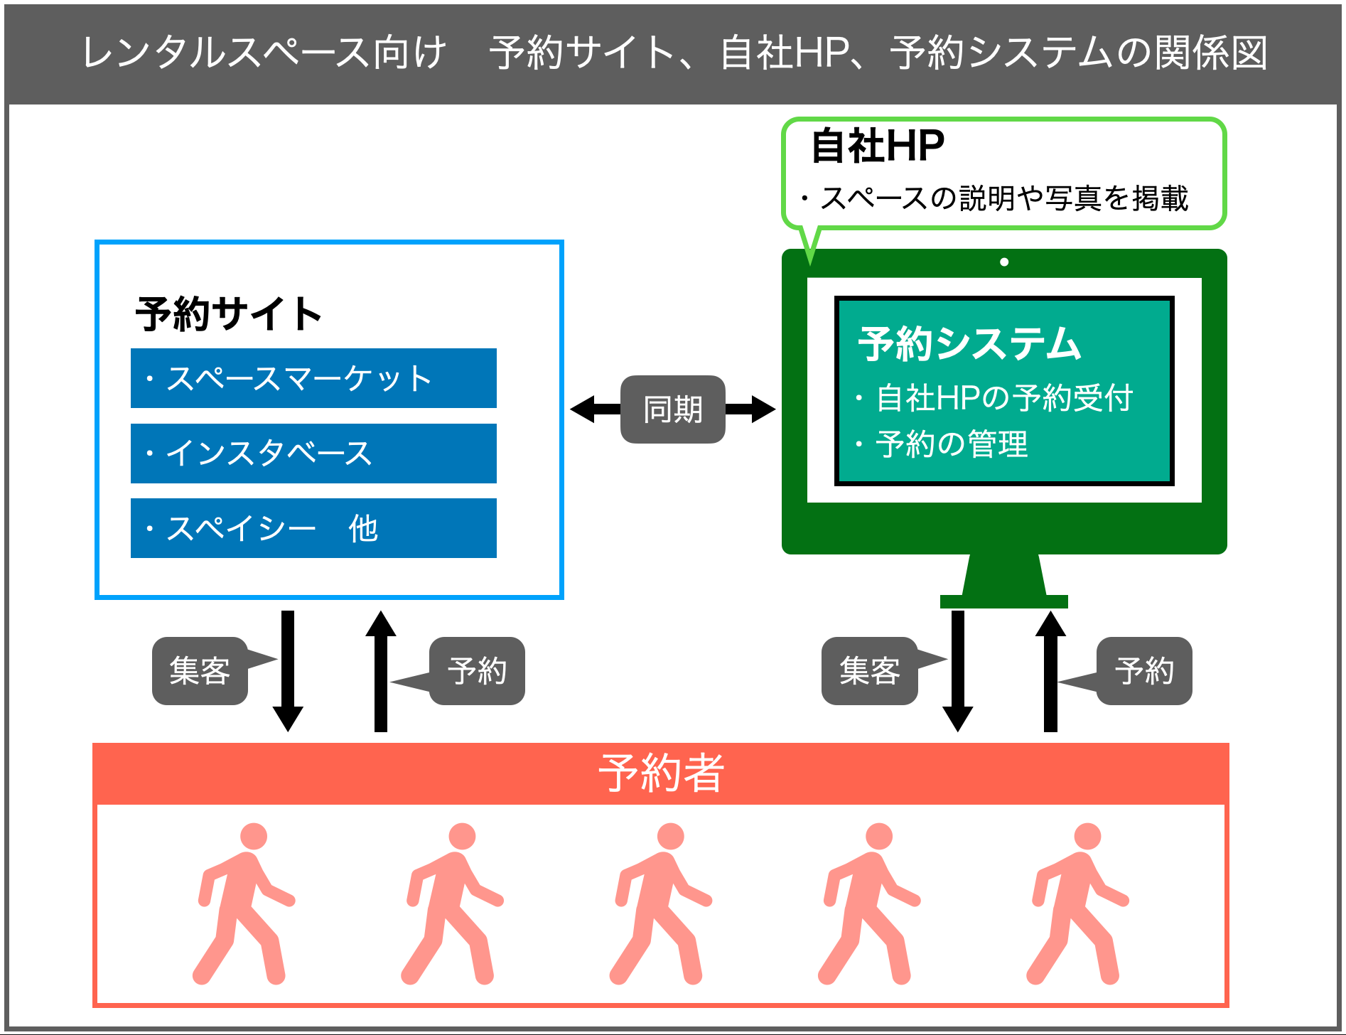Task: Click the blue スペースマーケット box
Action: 313,378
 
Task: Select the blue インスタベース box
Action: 313,454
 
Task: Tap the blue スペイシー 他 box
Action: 313,528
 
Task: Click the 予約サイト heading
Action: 229,313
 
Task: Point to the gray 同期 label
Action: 672,409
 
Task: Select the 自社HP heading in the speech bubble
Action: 878,146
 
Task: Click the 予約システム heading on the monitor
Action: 969,344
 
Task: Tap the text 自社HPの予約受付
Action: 1003,398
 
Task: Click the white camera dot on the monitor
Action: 1004,262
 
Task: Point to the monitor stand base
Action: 1003,601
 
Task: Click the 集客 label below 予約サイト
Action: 200,671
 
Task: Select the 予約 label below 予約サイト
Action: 478,671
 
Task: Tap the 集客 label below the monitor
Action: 869,671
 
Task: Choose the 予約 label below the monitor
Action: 1144,671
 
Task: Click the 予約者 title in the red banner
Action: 661,773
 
